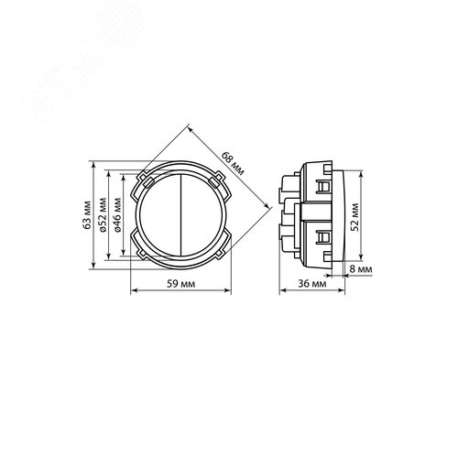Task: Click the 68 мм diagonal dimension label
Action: (x=233, y=164)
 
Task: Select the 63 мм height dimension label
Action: (x=87, y=215)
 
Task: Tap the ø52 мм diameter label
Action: (x=104, y=215)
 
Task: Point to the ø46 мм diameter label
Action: (x=117, y=215)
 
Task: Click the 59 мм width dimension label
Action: (x=180, y=284)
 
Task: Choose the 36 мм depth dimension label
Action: (x=312, y=284)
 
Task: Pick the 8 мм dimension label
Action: (x=361, y=269)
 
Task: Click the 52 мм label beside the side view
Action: (x=354, y=217)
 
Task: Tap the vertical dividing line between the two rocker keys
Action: (x=180, y=214)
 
